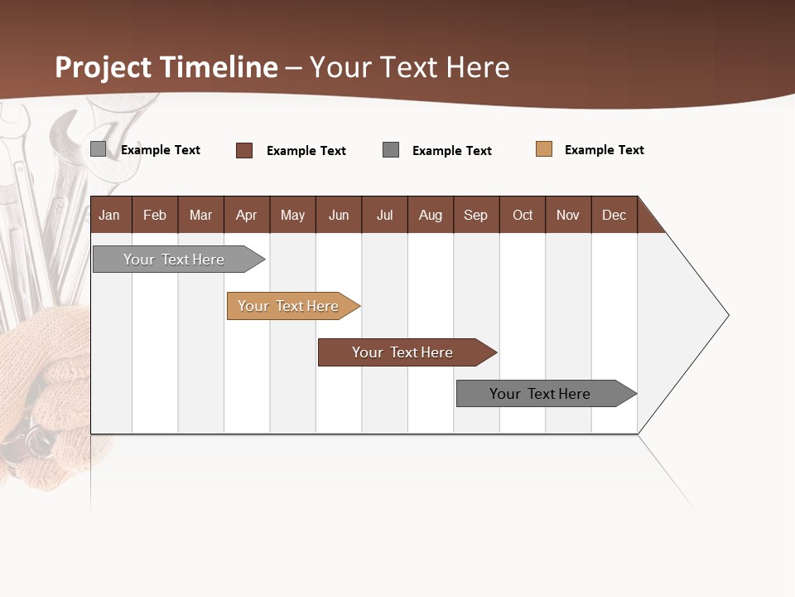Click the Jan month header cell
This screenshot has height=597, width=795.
(110, 215)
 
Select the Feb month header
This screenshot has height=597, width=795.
(155, 215)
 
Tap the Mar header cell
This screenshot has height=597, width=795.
(200, 215)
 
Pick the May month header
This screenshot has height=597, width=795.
(292, 215)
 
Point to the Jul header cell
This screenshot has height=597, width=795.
(384, 215)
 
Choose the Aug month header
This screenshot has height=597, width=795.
(431, 215)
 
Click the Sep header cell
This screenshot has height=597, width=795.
(476, 215)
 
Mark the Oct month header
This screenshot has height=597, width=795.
(523, 215)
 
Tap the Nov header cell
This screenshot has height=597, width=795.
(568, 215)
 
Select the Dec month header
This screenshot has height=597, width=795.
(614, 215)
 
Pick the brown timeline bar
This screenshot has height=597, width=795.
(403, 352)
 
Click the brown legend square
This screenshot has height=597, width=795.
(244, 150)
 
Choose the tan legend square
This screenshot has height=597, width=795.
(544, 149)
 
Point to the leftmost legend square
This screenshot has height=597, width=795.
(99, 149)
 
